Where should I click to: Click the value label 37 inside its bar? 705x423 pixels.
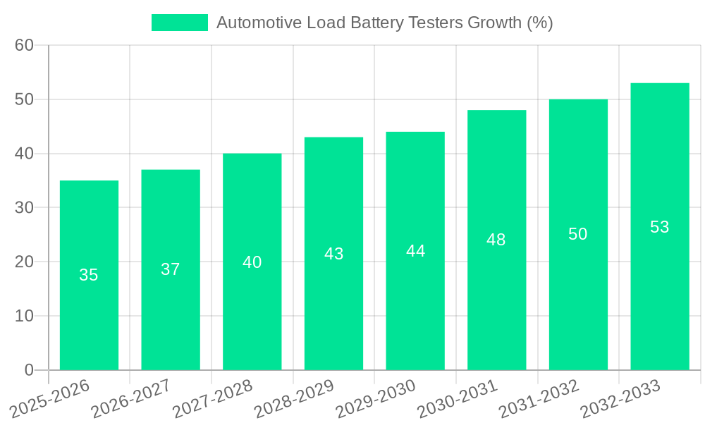(x=171, y=269)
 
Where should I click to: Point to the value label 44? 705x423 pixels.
(x=415, y=251)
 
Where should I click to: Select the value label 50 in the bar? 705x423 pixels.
(x=578, y=235)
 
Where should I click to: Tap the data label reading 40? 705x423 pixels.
(x=252, y=262)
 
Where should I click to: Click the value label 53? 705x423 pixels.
(x=659, y=227)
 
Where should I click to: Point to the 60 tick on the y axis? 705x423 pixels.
(x=24, y=46)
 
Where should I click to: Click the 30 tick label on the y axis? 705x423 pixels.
(x=24, y=208)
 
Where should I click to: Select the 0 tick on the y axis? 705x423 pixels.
(x=29, y=370)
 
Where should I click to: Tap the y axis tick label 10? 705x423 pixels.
(x=24, y=316)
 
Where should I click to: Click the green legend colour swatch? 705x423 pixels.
(x=180, y=23)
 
